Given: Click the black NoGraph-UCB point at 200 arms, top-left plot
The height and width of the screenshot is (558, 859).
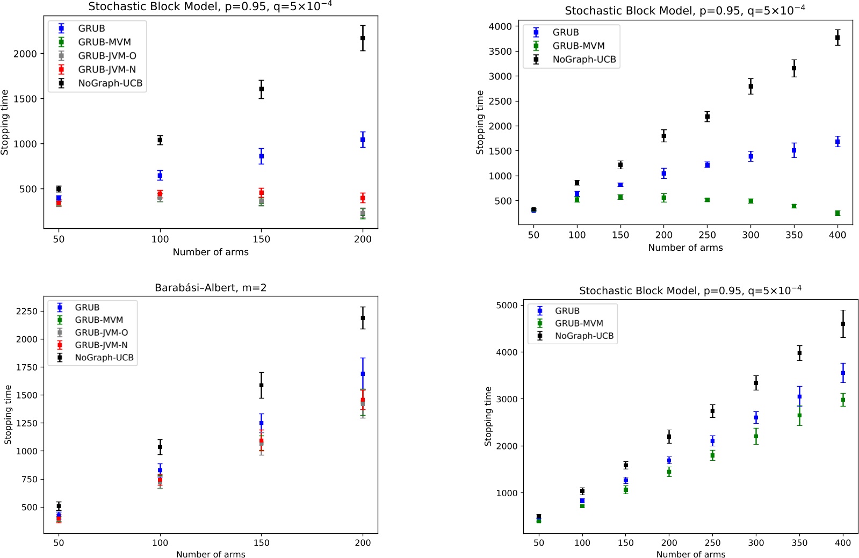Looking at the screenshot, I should click(363, 38).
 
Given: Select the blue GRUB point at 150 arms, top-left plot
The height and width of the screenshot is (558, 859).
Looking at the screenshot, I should click(262, 156).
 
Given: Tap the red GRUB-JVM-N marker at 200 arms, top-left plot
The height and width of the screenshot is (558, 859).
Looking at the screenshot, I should click(363, 198).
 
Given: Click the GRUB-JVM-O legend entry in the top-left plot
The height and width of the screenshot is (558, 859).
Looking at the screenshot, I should click(106, 56).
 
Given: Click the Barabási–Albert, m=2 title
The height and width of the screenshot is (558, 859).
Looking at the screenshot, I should click(211, 288).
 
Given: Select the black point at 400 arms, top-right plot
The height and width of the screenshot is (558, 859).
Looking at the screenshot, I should click(838, 38).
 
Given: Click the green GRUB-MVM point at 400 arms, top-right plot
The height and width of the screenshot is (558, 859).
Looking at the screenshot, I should click(838, 213).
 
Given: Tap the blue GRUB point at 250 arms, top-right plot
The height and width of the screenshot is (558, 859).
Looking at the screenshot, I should click(707, 165).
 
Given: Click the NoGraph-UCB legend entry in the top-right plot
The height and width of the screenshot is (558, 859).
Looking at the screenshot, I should click(584, 60).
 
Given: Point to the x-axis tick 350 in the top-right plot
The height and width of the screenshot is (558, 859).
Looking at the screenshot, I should click(794, 235).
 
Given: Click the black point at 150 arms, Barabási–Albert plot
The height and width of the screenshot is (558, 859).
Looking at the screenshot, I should click(262, 385).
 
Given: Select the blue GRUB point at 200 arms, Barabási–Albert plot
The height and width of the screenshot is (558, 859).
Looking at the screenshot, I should click(363, 374).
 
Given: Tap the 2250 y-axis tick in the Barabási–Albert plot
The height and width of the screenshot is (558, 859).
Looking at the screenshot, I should click(27, 311).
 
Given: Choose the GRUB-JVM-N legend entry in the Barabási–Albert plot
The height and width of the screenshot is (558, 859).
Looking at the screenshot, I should click(101, 345).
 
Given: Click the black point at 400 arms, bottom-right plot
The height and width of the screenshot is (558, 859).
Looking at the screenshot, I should click(843, 324).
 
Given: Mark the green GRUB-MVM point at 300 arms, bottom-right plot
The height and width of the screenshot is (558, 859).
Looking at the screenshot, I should click(756, 436).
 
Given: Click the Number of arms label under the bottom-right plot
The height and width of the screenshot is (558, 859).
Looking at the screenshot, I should click(690, 554).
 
